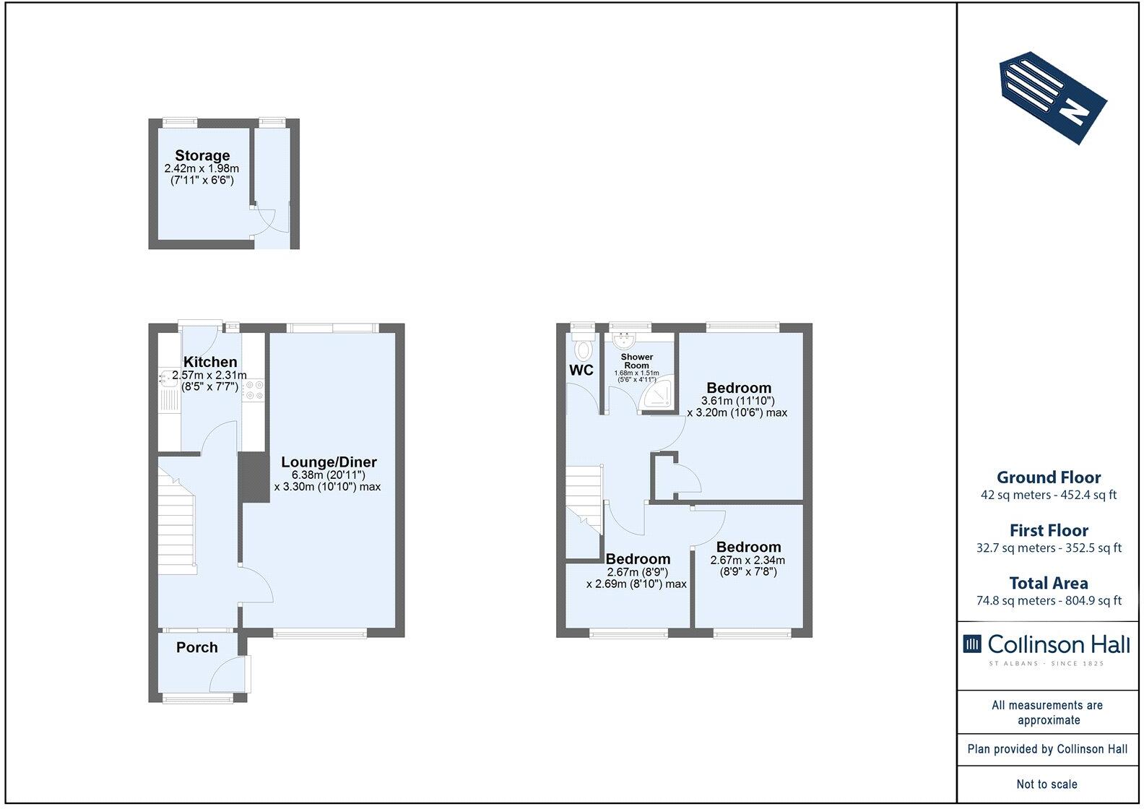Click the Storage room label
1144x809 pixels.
[x=202, y=155]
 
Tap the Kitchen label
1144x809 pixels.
[x=210, y=362]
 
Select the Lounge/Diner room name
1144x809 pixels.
[x=329, y=462]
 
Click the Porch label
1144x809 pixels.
[x=196, y=647]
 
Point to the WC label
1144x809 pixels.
[x=581, y=370]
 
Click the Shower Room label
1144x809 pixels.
[x=637, y=361]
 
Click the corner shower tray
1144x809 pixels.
[x=656, y=392]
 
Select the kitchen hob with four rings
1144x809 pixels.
[x=253, y=389]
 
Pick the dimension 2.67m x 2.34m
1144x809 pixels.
[x=747, y=561]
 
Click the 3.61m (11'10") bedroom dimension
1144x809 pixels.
[x=737, y=401]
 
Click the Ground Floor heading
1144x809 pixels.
[x=1049, y=477]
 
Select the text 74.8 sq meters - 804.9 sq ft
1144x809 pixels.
[x=1049, y=601]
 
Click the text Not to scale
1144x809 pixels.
[x=1047, y=784]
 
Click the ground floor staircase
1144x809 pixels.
[x=177, y=520]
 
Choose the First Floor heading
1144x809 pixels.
[x=1049, y=530]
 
